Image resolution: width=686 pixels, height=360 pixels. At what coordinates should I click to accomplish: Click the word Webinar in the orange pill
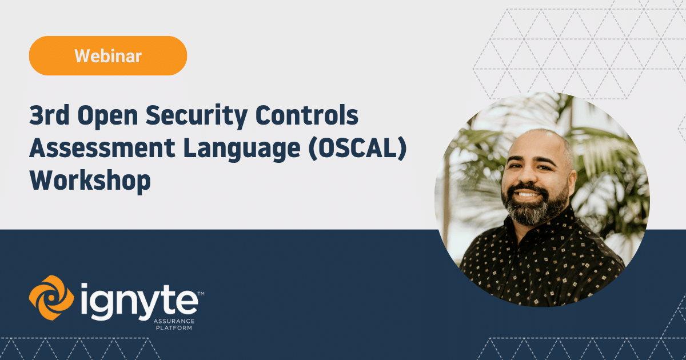[x=108, y=56]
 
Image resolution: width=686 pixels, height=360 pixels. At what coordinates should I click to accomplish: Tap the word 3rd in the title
[x=49, y=115]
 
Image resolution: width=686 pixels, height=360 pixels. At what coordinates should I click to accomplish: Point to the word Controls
[x=306, y=115]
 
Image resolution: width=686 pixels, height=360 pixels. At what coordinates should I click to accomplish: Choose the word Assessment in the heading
[x=102, y=148]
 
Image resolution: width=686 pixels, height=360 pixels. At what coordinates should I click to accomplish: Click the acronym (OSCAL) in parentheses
[x=358, y=149]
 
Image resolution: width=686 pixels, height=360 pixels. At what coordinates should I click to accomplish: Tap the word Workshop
[x=90, y=181]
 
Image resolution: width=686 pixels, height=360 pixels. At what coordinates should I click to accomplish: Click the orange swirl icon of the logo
[x=51, y=298]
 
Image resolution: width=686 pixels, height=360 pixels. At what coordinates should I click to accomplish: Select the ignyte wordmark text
[x=139, y=302]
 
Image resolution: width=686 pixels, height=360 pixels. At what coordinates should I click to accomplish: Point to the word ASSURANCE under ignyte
[x=174, y=321]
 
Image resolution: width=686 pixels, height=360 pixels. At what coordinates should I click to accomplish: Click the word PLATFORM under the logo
[x=174, y=328]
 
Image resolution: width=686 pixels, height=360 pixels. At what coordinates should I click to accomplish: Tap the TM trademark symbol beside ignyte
[x=201, y=293]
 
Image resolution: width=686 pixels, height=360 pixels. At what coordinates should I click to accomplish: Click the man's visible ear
[x=571, y=183]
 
